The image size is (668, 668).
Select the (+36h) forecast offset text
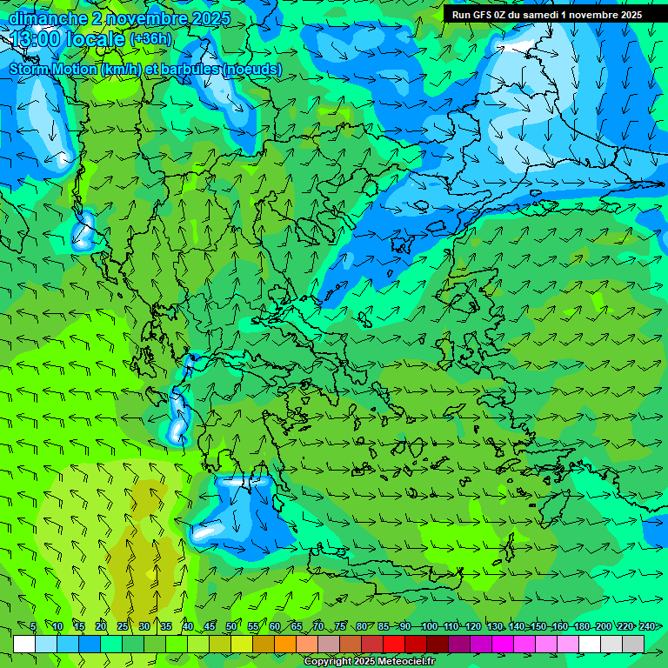tap(150, 39)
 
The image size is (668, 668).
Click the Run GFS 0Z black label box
tap(547, 15)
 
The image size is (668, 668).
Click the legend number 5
tap(33, 627)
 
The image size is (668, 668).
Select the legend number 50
tap(231, 627)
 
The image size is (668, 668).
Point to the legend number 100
tap(429, 627)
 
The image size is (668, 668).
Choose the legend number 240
tap(647, 627)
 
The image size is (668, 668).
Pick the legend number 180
tap(581, 627)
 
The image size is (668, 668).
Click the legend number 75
tap(340, 627)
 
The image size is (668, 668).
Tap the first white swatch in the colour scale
tap(24, 644)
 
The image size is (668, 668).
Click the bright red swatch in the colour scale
tap(394, 644)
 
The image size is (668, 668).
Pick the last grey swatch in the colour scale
tap(633, 644)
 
